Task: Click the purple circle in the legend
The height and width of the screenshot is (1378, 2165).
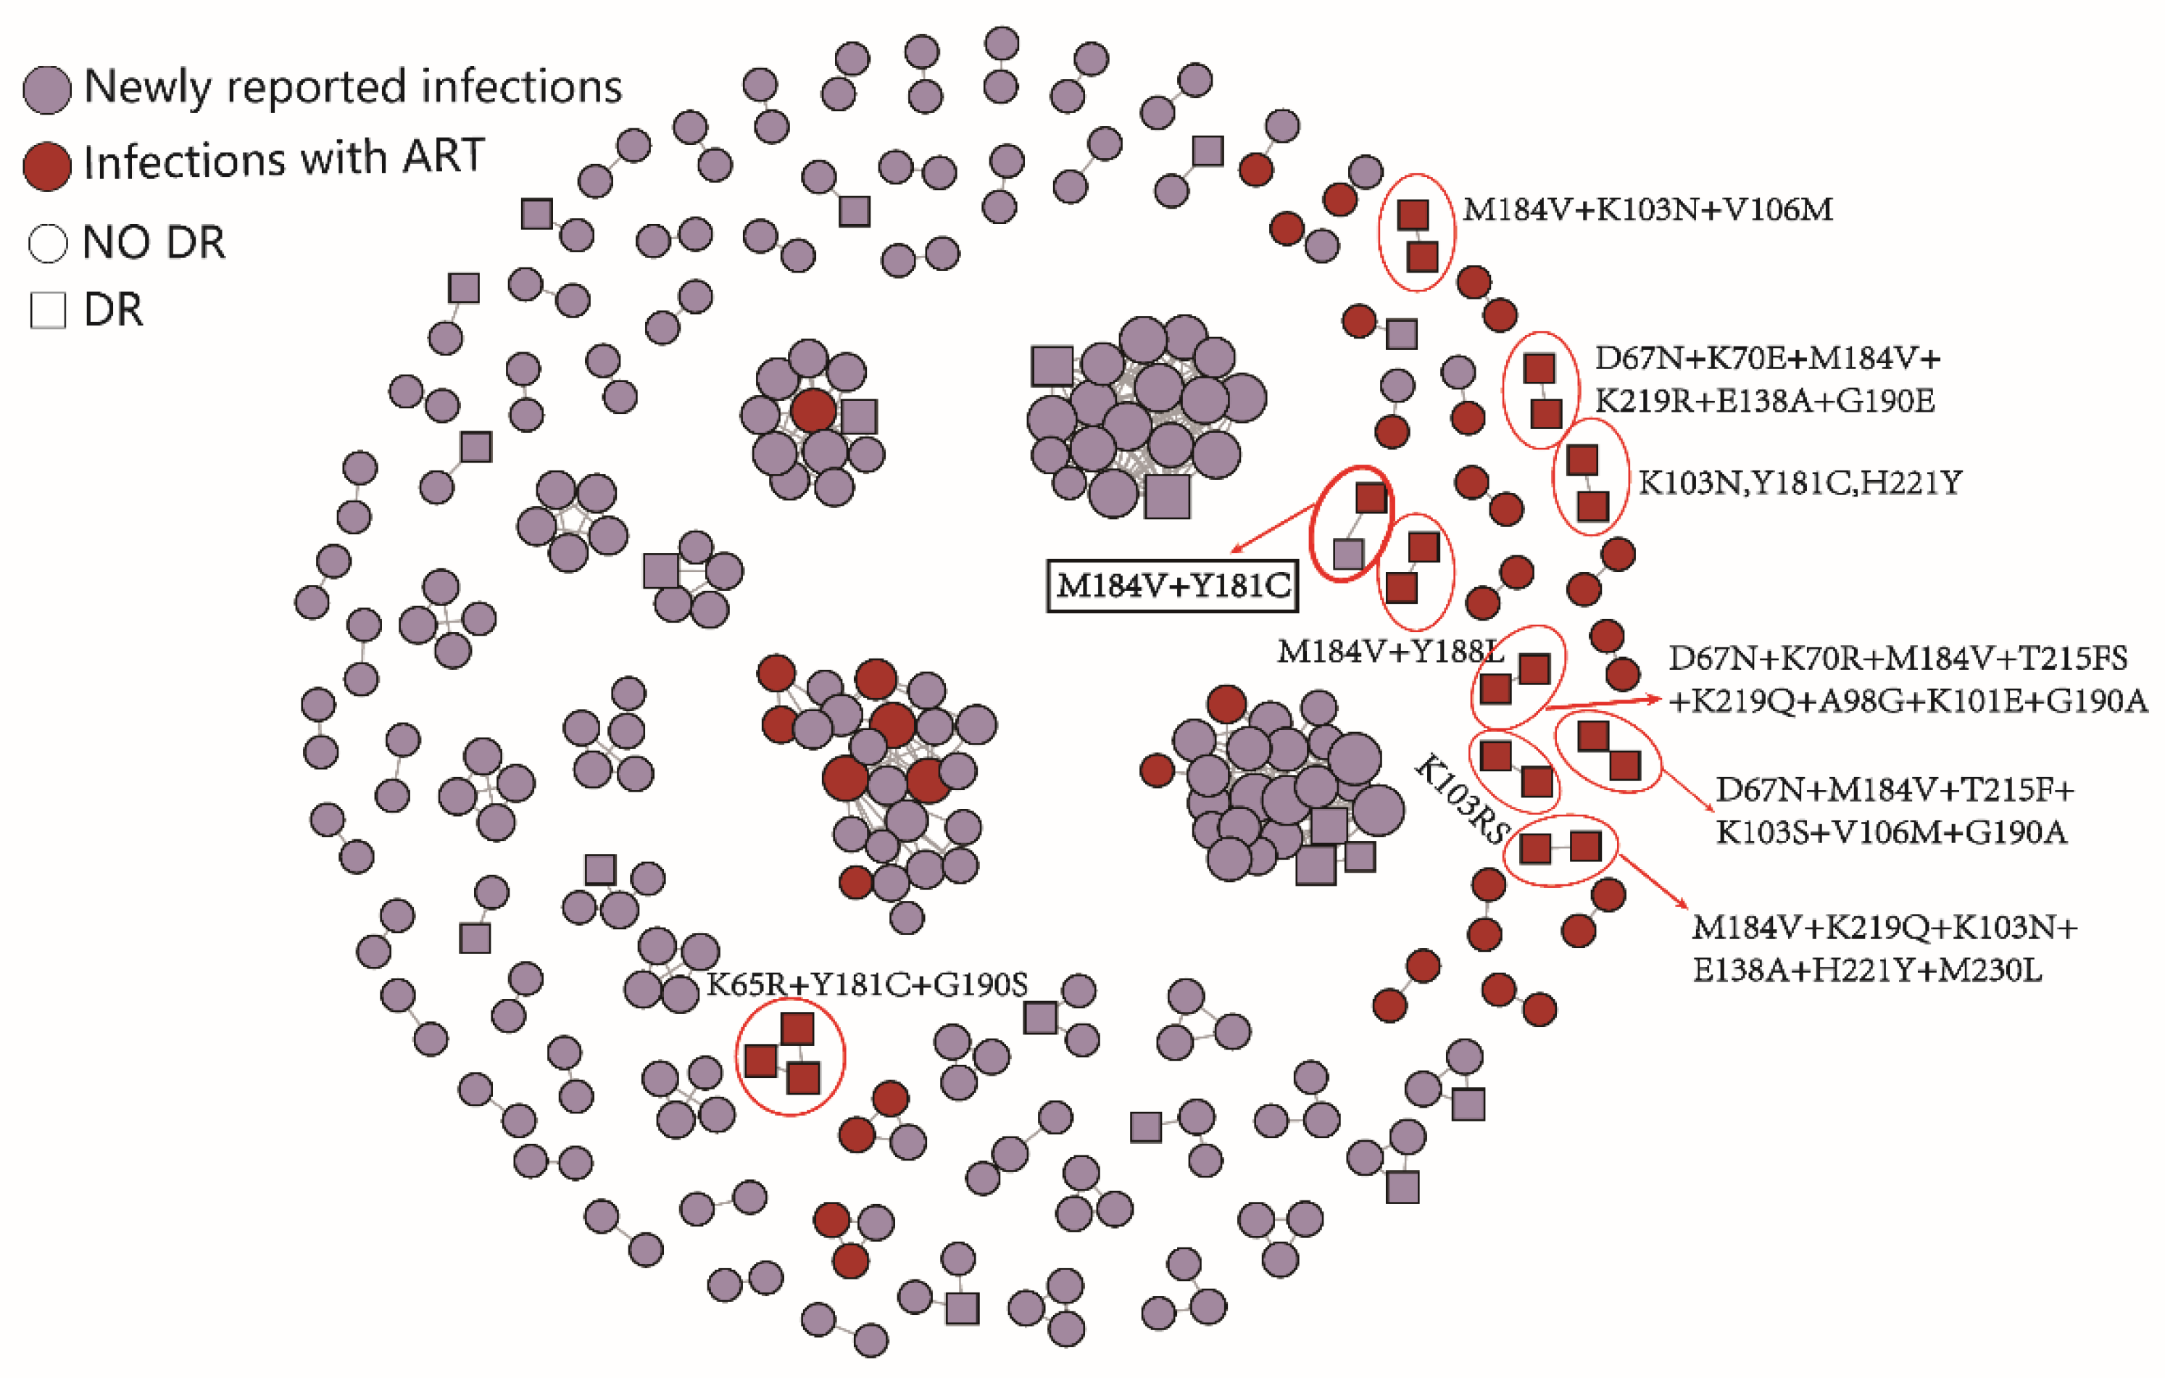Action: tap(47, 90)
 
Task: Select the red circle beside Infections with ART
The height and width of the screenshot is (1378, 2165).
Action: tap(47, 166)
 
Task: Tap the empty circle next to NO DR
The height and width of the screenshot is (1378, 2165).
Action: tap(48, 243)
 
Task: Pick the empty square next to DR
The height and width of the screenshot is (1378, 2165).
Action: tap(48, 310)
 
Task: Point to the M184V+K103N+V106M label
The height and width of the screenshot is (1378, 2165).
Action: tap(1647, 210)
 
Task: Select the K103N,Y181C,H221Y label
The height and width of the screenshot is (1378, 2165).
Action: tap(1799, 483)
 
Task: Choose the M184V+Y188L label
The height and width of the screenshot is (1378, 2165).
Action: tap(1389, 652)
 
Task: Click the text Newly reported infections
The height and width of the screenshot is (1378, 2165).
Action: tap(352, 87)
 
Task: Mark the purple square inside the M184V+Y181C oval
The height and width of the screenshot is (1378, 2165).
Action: tap(1347, 554)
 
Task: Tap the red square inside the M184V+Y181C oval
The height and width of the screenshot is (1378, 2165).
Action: tap(1371, 497)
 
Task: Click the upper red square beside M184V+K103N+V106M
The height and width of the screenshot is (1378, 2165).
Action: tap(1413, 215)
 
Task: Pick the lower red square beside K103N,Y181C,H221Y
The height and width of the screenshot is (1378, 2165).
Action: tap(1592, 506)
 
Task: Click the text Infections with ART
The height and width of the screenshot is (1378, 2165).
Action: tap(284, 160)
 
